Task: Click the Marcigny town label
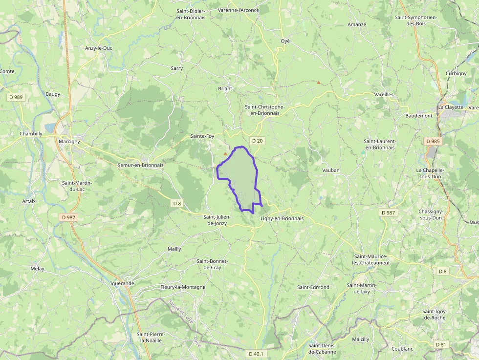68,142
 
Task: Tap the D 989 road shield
16,97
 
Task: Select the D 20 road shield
257,141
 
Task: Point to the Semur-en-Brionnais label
140,165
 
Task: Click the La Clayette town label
450,107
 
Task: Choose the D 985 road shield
433,141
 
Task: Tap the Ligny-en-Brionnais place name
282,218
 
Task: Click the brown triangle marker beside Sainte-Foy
225,154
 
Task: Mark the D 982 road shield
69,217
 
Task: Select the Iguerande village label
123,283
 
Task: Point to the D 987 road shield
389,212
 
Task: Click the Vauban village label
331,170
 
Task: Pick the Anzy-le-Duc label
99,48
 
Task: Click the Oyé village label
285,41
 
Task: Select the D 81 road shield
441,344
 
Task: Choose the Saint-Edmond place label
313,287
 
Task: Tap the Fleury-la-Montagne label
183,287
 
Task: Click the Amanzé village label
357,24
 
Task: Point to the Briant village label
225,89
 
